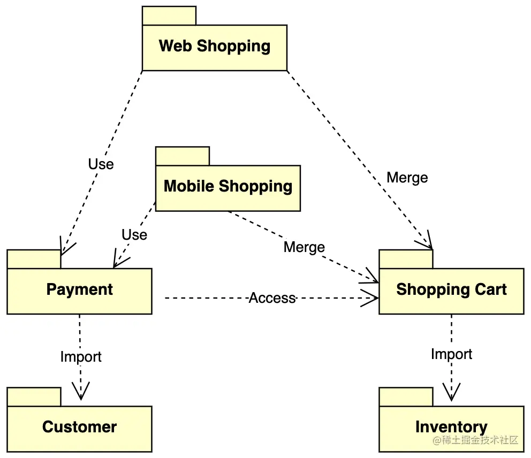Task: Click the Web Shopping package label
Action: click(x=214, y=46)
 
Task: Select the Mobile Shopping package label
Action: click(x=228, y=186)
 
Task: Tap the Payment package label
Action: click(x=80, y=289)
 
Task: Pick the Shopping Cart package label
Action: click(x=451, y=289)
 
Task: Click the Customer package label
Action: click(x=79, y=427)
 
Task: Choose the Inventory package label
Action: click(x=451, y=427)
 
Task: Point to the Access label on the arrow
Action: click(x=272, y=298)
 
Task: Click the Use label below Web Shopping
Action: click(x=101, y=164)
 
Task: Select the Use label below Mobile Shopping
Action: click(x=134, y=235)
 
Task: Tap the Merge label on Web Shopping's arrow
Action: click(x=407, y=178)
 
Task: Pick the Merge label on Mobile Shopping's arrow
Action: click(x=304, y=247)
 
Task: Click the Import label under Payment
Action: click(x=81, y=356)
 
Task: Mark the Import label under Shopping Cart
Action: click(x=452, y=354)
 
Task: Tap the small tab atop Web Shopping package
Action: click(x=169, y=16)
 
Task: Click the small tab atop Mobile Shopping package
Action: click(x=183, y=156)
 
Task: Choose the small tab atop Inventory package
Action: click(x=406, y=397)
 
